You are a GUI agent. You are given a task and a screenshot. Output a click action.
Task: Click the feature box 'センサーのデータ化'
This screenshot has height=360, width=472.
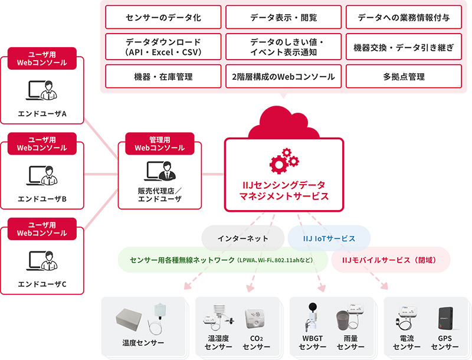[x=163, y=17]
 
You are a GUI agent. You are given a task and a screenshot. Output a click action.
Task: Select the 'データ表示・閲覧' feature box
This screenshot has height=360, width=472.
[x=283, y=17]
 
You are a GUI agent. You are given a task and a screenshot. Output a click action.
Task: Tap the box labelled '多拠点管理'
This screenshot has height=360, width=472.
[x=404, y=77]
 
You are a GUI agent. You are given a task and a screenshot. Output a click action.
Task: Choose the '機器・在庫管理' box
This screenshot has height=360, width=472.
[x=163, y=77]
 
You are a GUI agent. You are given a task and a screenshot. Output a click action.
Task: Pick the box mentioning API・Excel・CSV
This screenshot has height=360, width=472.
[x=163, y=47]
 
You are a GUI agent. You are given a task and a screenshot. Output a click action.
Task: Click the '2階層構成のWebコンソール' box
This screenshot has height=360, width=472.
[x=283, y=77]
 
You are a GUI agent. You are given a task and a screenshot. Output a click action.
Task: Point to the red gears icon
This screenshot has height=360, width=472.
[x=284, y=161]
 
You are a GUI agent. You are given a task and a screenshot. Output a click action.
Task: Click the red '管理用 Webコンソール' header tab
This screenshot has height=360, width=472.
[x=160, y=143]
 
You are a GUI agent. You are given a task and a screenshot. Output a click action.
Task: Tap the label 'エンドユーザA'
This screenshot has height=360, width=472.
[x=42, y=114]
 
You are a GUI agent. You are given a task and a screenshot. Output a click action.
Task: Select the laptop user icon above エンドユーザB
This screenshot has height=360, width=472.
[x=42, y=175]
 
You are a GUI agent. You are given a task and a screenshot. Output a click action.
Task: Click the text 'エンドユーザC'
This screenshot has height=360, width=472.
[x=42, y=284]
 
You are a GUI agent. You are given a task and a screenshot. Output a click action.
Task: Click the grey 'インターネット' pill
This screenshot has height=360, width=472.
[x=243, y=238]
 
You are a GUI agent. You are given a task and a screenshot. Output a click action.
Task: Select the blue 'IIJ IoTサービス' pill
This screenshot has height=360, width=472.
[x=329, y=238]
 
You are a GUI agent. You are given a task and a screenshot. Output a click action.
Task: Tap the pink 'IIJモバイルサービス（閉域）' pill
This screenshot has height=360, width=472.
[x=391, y=260]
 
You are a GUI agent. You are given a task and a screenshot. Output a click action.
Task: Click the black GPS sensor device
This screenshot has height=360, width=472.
[x=446, y=319]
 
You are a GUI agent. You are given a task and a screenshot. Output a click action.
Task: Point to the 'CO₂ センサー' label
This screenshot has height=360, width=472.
[x=257, y=342]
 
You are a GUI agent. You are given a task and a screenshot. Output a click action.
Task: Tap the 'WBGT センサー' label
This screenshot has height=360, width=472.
[x=313, y=342]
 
